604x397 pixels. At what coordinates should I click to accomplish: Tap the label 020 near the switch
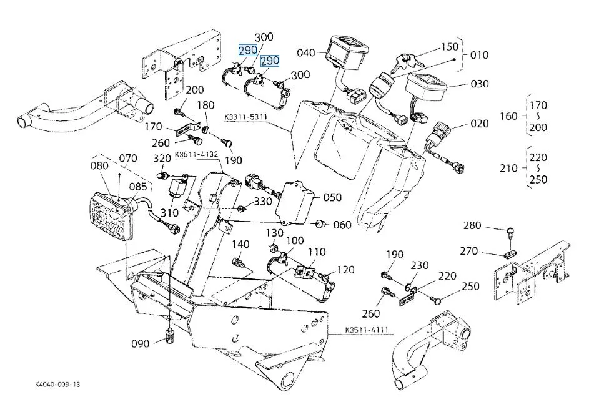point(479,124)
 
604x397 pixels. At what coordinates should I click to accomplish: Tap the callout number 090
point(141,343)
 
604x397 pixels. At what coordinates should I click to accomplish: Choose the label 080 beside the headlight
point(99,165)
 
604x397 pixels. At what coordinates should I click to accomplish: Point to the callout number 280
point(472,225)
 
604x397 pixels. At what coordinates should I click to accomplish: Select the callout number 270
point(469,252)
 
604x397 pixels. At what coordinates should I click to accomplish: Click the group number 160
point(510,115)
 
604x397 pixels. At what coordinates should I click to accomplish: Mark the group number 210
point(510,168)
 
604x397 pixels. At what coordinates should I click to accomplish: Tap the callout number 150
point(449,47)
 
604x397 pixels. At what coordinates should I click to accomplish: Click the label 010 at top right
point(479,55)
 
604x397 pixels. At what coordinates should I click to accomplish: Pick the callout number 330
point(263,201)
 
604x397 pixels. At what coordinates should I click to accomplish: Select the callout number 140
point(242,243)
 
